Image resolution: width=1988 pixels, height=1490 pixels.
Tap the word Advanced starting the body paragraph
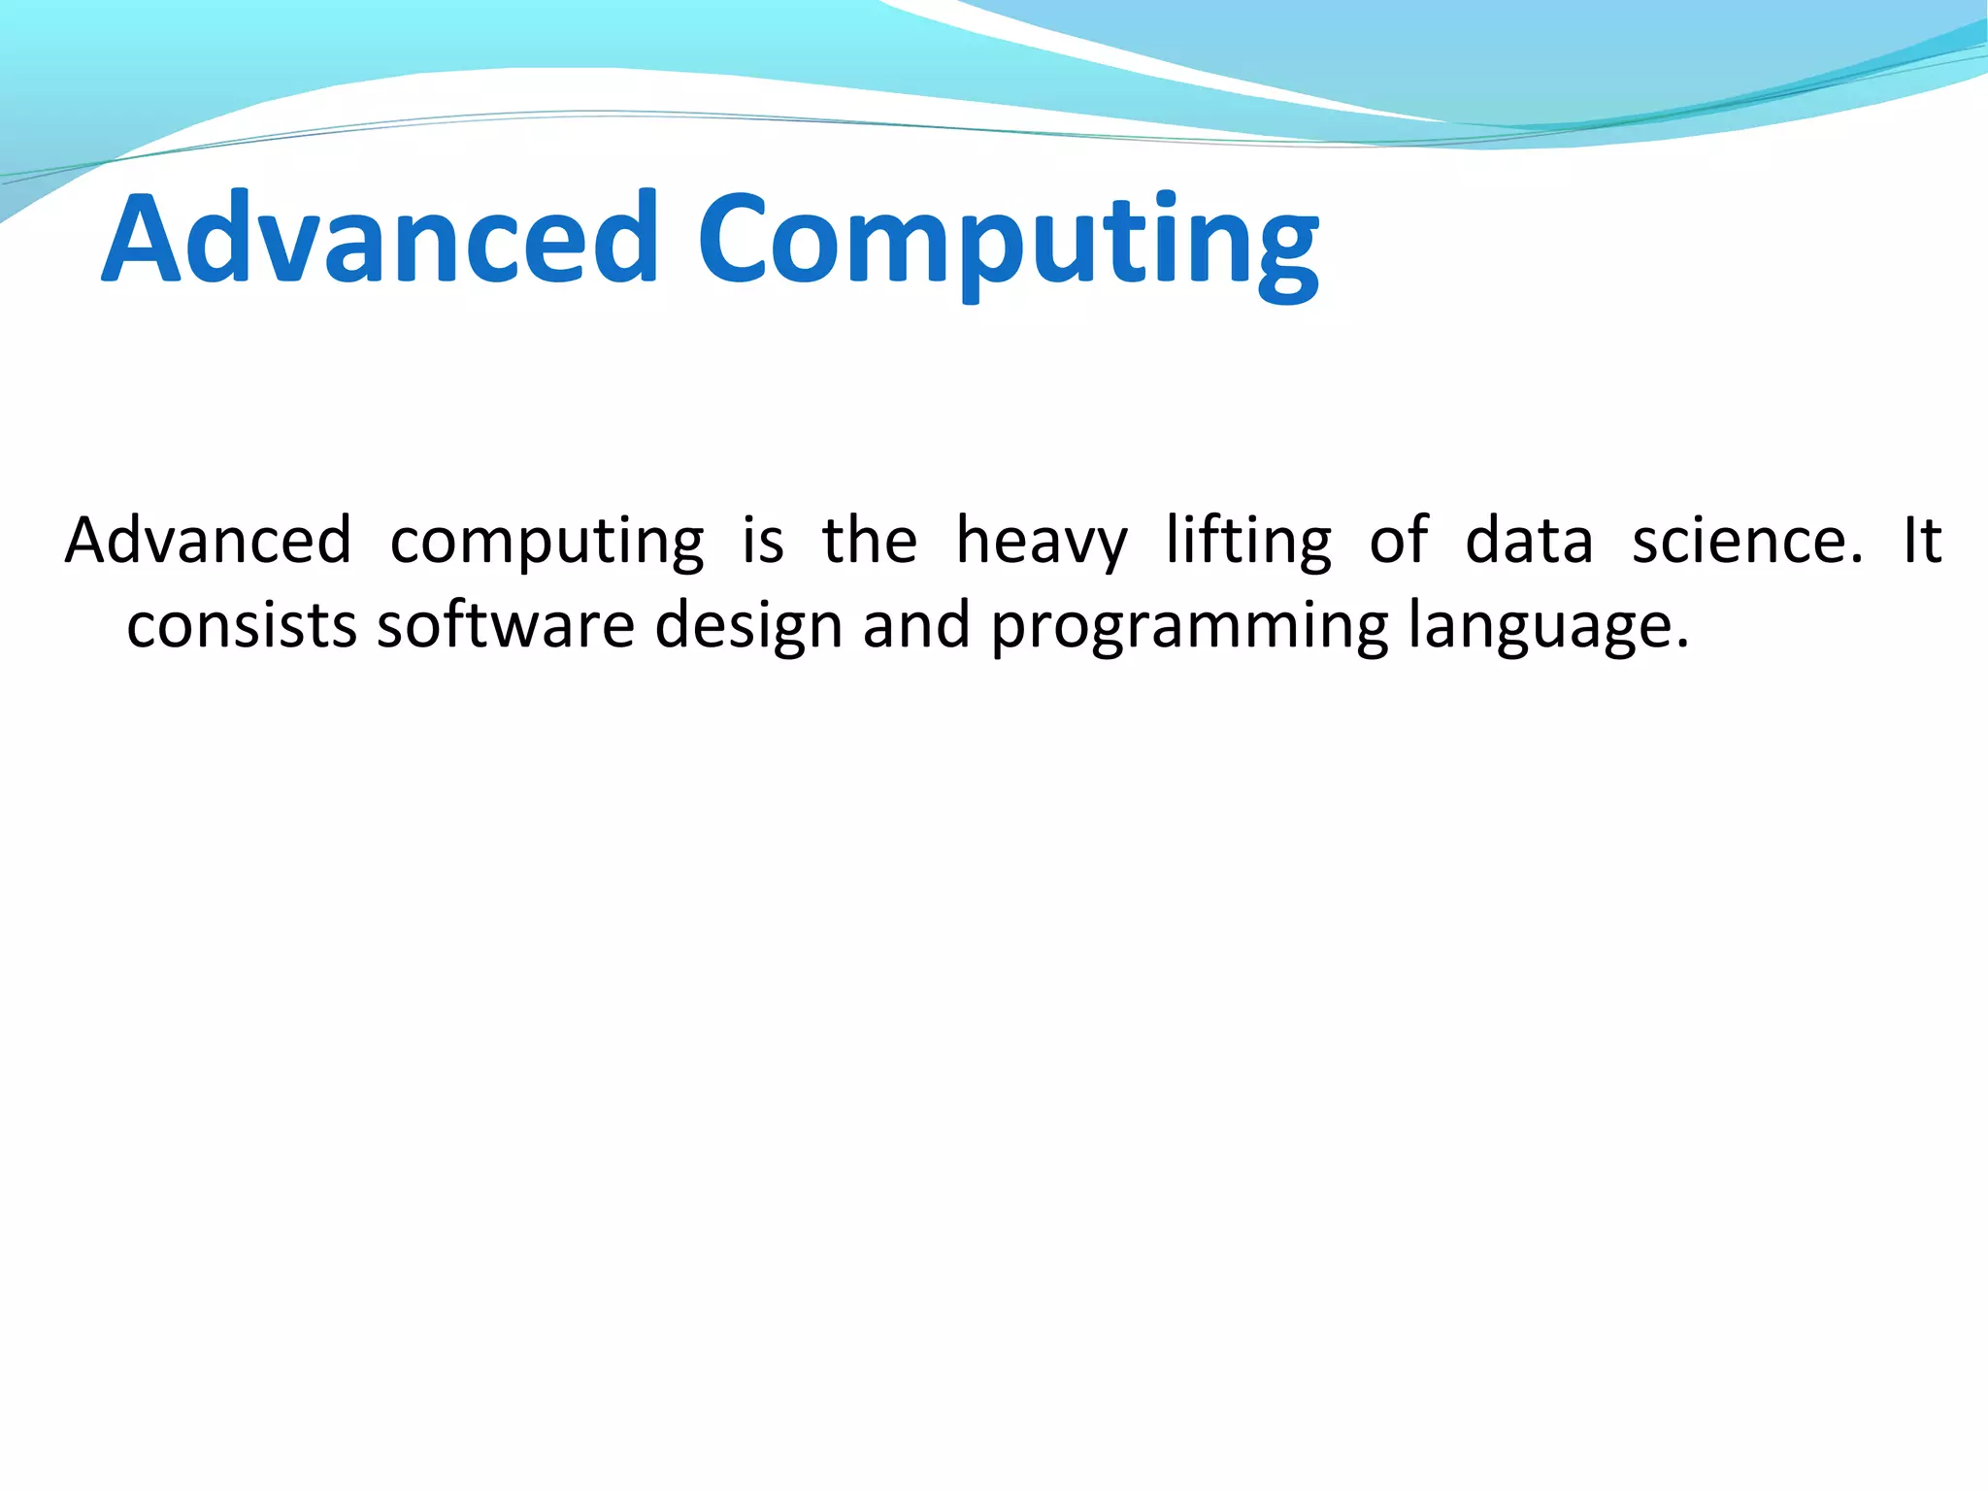point(208,541)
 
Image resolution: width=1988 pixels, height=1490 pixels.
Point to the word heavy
point(1042,542)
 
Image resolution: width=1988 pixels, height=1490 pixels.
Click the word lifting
point(1248,542)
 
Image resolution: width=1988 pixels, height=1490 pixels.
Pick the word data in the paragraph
point(1529,541)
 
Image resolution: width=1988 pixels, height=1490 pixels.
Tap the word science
point(1746,541)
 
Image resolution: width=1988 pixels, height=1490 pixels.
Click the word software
point(506,626)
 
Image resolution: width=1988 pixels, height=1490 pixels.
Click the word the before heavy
point(869,541)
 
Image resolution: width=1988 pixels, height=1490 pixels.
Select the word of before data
point(1399,541)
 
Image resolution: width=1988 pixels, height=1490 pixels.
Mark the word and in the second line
point(916,626)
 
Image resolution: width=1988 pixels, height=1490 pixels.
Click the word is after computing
point(763,541)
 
